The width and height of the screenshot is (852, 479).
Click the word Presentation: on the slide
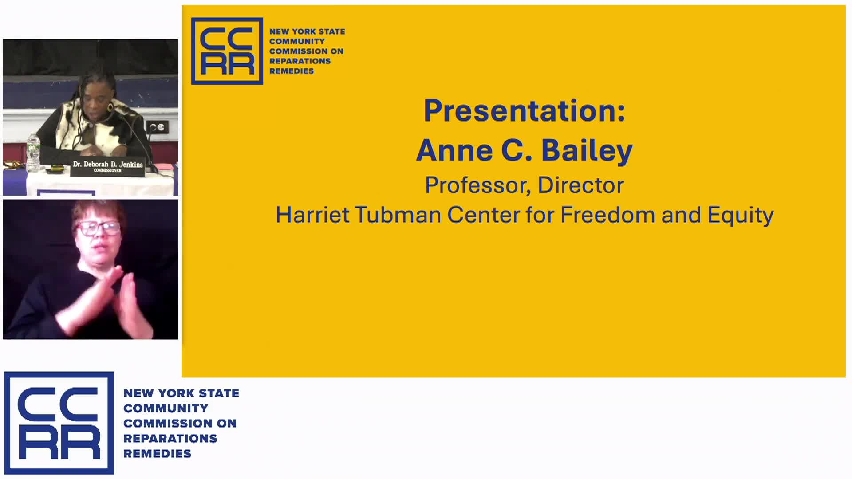pos(525,110)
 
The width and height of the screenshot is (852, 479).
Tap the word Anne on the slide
pos(454,150)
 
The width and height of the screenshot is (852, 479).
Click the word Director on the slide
pos(581,185)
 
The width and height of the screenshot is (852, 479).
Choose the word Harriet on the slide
pos(312,215)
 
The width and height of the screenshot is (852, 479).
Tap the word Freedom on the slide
pos(608,215)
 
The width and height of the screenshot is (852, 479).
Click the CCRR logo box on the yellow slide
pos(227,51)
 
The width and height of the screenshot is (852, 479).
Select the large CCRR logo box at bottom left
pos(59,423)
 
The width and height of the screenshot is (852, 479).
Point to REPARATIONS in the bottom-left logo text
pos(170,438)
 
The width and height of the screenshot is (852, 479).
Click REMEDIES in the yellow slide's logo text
pos(292,71)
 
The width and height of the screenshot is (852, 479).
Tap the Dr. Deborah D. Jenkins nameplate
pos(108,168)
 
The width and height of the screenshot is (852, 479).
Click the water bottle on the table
pos(33,153)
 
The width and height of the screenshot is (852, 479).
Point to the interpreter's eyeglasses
pos(98,228)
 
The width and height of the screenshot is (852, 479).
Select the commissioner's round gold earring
pos(110,107)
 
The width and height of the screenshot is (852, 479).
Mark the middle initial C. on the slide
pos(517,150)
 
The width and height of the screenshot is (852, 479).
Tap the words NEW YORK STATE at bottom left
pos(181,393)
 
